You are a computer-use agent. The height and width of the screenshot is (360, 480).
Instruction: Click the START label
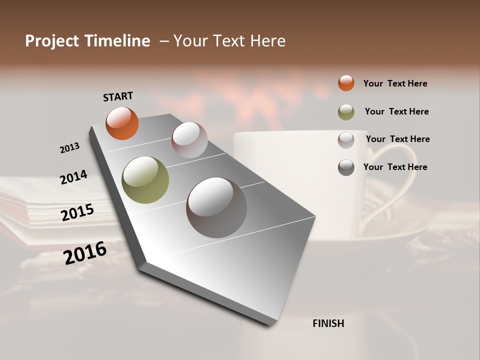tap(118, 96)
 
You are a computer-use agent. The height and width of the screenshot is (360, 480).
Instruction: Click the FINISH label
tap(328, 323)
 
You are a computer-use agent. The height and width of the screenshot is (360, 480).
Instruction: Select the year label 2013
tap(69, 148)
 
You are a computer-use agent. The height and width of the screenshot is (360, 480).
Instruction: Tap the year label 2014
tap(73, 177)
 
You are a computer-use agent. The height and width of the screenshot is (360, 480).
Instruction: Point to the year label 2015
tap(77, 212)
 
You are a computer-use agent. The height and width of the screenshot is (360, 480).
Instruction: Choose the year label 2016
tap(85, 253)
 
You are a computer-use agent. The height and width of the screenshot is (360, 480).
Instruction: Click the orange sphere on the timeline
tap(122, 123)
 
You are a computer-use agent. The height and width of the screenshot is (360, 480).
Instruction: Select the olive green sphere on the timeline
tap(145, 180)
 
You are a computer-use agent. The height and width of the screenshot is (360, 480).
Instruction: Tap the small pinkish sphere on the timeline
tap(189, 140)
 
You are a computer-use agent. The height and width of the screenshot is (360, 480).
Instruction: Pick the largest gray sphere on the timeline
tap(216, 207)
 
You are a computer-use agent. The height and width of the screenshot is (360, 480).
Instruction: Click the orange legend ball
tap(346, 83)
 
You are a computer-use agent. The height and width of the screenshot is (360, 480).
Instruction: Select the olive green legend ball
tap(346, 112)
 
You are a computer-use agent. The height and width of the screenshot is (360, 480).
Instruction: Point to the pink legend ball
tap(346, 140)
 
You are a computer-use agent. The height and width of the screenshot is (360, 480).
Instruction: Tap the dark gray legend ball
tap(346, 167)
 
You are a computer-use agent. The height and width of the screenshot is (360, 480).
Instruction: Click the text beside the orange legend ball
tap(395, 83)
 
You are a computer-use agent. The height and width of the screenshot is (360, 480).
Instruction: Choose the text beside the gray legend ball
tap(395, 167)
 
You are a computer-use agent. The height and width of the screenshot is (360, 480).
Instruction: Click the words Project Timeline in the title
tap(87, 41)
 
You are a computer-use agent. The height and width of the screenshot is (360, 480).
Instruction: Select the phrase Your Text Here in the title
tap(229, 41)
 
